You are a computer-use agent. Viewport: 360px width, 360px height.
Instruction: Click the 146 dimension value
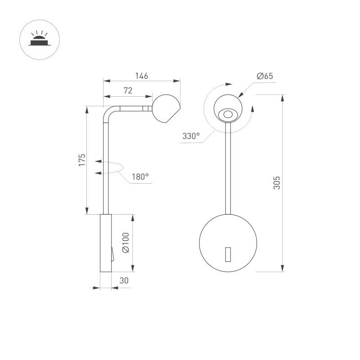coord(141,76)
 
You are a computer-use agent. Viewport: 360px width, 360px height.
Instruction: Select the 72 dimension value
coord(128,91)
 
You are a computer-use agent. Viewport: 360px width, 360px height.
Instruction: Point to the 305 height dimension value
coord(277,182)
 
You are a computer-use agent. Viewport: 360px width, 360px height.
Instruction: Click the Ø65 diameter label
coord(265,76)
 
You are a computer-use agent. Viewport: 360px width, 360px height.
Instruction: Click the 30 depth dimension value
coord(124,280)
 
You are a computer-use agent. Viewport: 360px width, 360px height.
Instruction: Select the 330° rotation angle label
coord(191,136)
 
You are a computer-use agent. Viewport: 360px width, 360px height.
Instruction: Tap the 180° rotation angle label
coord(140,177)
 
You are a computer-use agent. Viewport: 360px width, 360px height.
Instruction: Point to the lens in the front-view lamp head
coord(228,115)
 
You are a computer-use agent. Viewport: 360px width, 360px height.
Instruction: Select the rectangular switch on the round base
coord(228,254)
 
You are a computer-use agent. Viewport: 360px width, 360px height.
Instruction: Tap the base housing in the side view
coord(105,243)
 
